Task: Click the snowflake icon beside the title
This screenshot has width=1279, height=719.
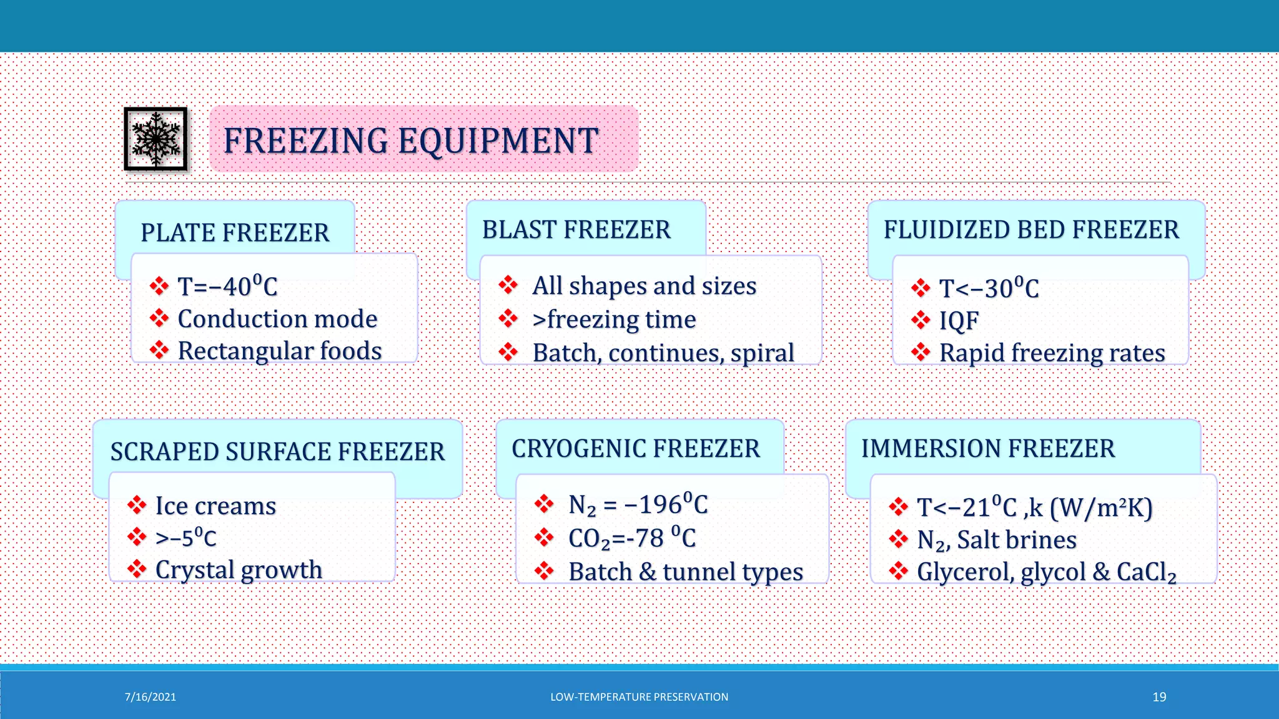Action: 156,139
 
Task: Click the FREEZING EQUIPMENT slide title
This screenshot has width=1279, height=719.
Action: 411,140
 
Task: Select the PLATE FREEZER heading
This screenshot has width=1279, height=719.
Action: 235,233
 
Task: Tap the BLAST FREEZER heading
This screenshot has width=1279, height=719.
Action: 576,230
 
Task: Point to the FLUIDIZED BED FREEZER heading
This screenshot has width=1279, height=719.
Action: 1031,230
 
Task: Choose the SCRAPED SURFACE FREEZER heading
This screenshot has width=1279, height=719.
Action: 277,451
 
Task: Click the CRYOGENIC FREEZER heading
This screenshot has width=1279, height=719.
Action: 636,449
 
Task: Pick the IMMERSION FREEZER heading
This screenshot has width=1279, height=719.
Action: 988,449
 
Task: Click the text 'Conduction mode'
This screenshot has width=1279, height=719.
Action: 277,319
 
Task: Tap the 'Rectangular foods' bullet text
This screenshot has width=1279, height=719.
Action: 280,351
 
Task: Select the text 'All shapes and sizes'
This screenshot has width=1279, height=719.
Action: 644,286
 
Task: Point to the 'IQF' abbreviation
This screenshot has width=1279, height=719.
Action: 959,321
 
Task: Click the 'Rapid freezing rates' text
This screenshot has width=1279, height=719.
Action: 1052,353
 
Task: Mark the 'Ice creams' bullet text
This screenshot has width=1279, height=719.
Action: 215,506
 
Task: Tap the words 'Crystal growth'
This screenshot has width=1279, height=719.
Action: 239,570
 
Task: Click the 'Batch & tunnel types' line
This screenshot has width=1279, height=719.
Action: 686,572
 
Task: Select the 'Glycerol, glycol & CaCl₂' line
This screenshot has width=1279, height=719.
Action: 1047,572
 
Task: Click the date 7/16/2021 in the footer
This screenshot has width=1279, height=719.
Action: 151,697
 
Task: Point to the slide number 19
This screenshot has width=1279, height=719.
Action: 1159,697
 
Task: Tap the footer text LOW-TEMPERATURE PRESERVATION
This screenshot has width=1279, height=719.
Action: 639,697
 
